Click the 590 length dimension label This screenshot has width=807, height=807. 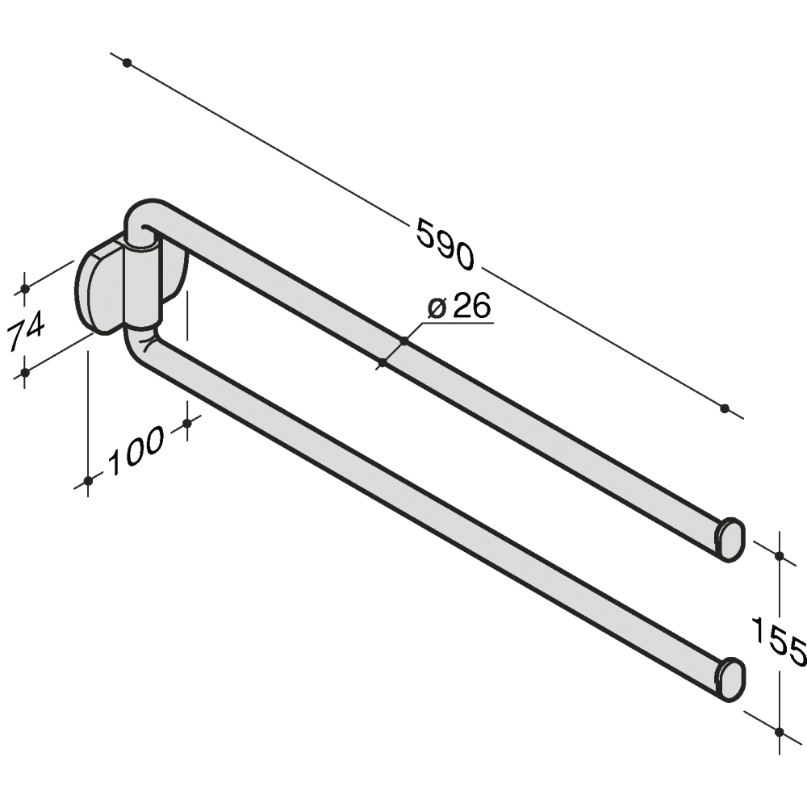click(445, 244)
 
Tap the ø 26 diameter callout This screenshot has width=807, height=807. click(459, 306)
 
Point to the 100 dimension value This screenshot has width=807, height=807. click(135, 450)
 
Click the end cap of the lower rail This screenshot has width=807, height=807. click(730, 679)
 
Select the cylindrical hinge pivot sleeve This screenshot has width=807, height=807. click(141, 287)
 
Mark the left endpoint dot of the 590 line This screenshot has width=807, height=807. click(128, 63)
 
